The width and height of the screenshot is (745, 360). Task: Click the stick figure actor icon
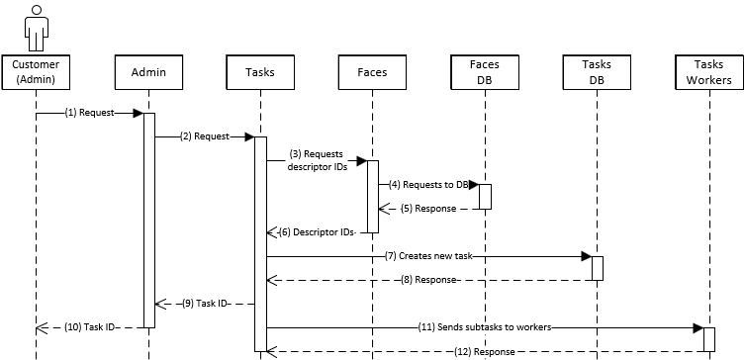click(x=36, y=26)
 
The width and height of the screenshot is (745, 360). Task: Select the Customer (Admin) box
click(x=36, y=71)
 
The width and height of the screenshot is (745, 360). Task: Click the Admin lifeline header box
click(x=147, y=71)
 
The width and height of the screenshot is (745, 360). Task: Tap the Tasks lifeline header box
click(x=259, y=71)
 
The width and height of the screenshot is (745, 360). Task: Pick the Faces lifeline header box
click(x=372, y=71)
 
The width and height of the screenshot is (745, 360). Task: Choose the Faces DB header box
click(x=484, y=71)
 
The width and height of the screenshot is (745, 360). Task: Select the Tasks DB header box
click(x=597, y=71)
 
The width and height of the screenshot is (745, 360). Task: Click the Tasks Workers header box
click(x=708, y=71)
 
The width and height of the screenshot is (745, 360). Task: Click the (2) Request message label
click(x=205, y=136)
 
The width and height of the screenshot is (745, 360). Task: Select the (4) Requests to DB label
click(x=426, y=185)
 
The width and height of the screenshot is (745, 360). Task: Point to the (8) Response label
click(x=428, y=280)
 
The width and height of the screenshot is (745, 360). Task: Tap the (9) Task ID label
click(x=205, y=304)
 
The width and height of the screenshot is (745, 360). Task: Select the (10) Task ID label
click(x=90, y=327)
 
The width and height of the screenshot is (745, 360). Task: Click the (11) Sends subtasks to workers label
click(x=484, y=327)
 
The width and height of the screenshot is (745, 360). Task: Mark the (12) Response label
click(x=484, y=351)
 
